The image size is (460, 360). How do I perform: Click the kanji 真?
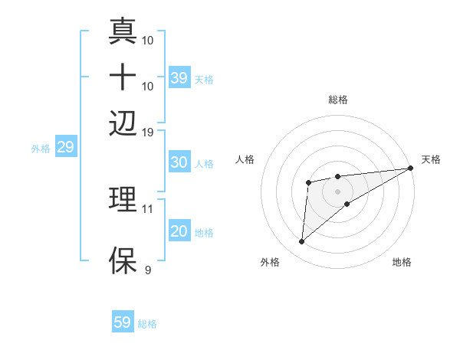123,31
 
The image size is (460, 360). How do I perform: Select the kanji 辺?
123,122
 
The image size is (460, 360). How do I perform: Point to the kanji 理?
123,200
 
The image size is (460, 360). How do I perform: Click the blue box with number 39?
179,78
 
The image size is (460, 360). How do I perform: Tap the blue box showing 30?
179,162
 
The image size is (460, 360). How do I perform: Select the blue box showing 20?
179,232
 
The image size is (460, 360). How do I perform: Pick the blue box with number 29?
65,148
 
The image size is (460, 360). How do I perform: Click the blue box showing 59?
123,322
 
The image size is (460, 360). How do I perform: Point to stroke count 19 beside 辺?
148,132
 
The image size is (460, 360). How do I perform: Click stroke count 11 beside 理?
148,208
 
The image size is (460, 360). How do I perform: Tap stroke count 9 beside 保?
147,270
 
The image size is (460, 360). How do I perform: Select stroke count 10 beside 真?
148,39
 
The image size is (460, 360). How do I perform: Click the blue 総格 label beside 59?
147,324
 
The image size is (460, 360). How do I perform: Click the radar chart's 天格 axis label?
431,159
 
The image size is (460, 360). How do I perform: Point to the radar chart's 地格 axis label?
402,262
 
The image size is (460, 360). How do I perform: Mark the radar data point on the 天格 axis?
410,169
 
